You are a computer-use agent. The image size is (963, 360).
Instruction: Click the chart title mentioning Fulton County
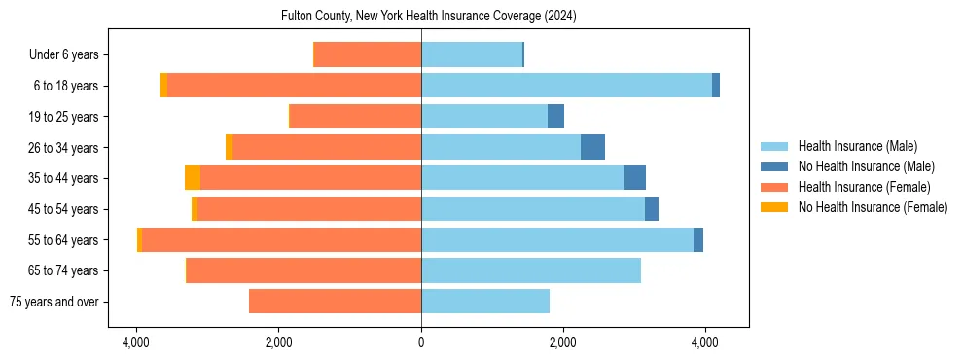pos(421,17)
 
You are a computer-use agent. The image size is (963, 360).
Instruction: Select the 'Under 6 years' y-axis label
pos(69,54)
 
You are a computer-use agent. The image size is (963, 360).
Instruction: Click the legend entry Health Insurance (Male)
pos(857,146)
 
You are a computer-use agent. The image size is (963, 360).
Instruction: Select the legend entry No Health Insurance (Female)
pos(873,207)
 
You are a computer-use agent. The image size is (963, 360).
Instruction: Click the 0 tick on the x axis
pos(421,342)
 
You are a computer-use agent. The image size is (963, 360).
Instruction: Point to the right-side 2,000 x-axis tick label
pos(563,342)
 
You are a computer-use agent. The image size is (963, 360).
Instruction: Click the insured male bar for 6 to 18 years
pos(566,86)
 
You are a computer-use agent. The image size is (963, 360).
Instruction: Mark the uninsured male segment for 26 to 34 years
pos(592,147)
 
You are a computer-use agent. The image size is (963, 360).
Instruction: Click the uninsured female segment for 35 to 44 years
pos(193,178)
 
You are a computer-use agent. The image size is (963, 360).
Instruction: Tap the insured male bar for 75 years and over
pos(485,302)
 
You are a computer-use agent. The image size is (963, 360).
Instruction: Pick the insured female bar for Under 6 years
pos(368,54)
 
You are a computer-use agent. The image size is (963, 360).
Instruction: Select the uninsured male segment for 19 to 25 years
pos(555,117)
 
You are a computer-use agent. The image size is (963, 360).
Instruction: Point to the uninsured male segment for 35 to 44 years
pos(634,178)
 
